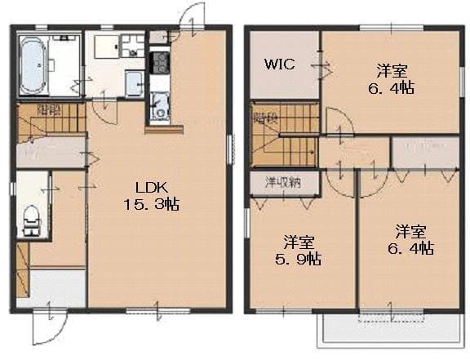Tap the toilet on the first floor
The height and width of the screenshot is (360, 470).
pyautogui.click(x=32, y=219)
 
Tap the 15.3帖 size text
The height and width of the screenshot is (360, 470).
pyautogui.click(x=160, y=205)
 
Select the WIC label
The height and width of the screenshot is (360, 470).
pyautogui.click(x=279, y=64)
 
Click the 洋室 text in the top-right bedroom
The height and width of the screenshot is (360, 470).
pyautogui.click(x=392, y=69)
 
